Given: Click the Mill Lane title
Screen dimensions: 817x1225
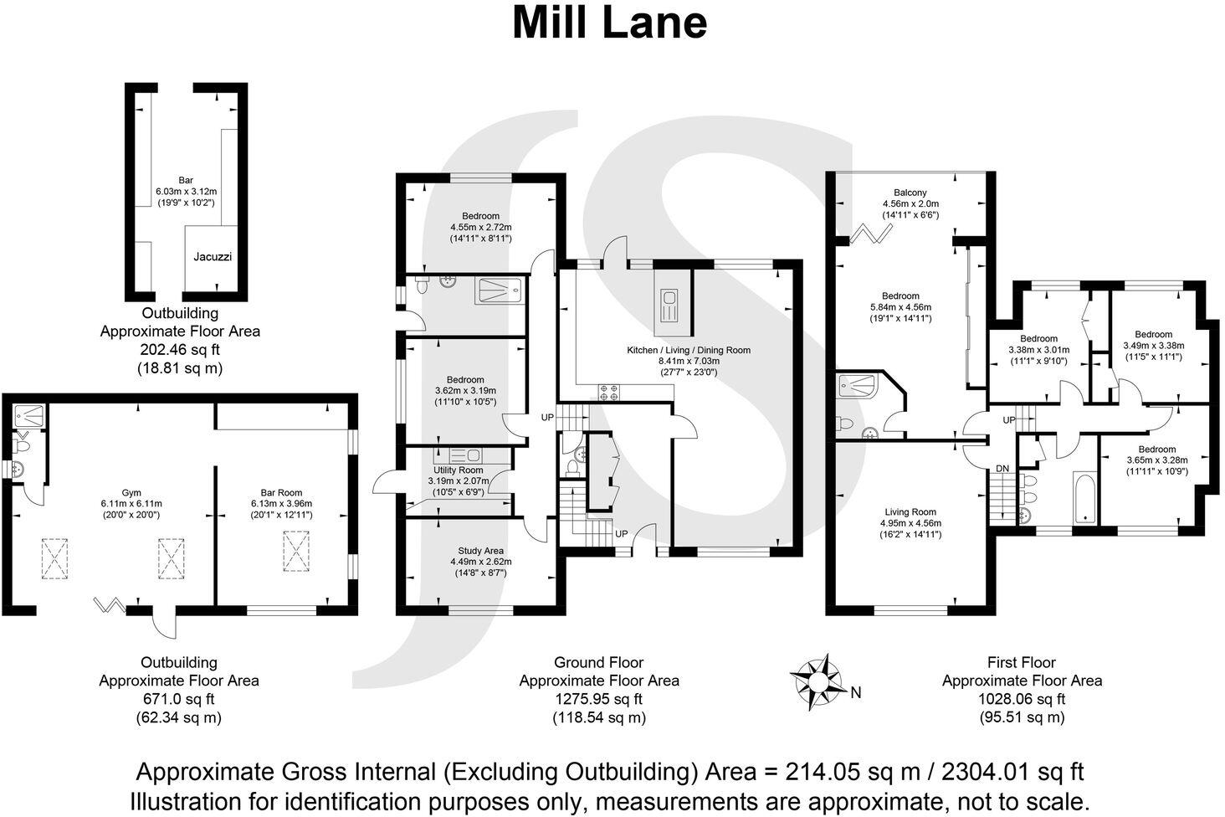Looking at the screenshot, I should [x=609, y=23].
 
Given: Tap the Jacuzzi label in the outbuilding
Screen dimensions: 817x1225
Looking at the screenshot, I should [x=213, y=257].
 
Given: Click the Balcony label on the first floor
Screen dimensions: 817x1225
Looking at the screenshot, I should [x=910, y=193].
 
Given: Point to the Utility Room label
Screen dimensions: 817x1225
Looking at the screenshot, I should [x=458, y=470].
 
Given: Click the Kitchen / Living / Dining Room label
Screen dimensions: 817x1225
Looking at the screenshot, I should [x=689, y=350].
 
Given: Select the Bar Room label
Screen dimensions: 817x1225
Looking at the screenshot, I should [x=281, y=493].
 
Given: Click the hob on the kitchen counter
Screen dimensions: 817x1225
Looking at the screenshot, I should [x=609, y=390].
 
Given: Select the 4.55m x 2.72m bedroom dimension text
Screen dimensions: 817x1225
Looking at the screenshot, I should [x=480, y=227].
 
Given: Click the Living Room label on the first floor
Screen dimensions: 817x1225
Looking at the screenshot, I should [x=910, y=512].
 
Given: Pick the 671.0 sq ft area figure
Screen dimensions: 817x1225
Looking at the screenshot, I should [x=178, y=699].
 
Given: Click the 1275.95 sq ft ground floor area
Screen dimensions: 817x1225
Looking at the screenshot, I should [x=598, y=699].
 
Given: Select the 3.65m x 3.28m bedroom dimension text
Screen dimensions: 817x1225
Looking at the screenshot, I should [x=1156, y=460].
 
